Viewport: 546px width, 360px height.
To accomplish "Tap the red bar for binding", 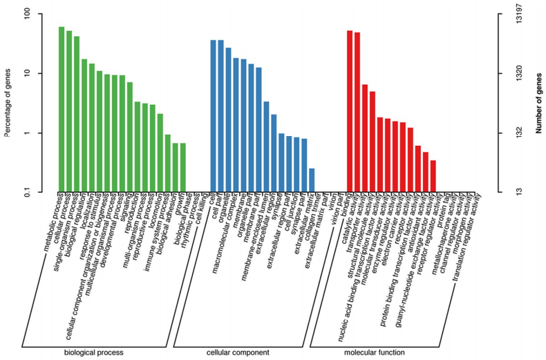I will (x=350, y=111).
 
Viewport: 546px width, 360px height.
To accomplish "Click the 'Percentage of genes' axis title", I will (x=8, y=104).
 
